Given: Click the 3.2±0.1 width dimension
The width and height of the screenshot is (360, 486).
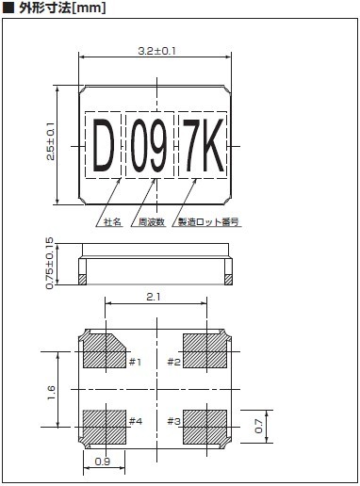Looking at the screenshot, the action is (x=156, y=51).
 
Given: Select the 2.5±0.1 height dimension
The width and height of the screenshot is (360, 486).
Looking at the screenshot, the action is (x=51, y=141).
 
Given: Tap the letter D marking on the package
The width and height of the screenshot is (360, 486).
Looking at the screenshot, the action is (x=104, y=146).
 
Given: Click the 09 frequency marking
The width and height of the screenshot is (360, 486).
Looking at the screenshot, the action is (x=149, y=146).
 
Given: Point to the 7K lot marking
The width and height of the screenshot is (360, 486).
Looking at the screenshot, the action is (x=204, y=146).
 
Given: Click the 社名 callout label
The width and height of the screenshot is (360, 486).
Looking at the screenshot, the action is (x=113, y=222).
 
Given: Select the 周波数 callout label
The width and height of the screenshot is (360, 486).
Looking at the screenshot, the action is (x=152, y=222).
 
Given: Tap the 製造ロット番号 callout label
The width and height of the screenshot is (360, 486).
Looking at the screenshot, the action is (x=208, y=222).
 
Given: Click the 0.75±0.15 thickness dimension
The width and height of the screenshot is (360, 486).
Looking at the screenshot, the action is (x=50, y=263).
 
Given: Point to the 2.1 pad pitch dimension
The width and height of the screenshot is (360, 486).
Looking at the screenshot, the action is (x=154, y=297).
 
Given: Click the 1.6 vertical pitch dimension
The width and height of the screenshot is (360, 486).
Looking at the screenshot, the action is (x=51, y=393).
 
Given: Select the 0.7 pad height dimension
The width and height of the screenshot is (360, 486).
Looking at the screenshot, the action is (x=259, y=427).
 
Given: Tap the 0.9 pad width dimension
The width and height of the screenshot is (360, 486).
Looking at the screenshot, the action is (x=103, y=462).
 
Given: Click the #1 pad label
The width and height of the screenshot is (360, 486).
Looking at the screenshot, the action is (x=136, y=362).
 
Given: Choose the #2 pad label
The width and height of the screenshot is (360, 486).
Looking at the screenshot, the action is (x=174, y=362).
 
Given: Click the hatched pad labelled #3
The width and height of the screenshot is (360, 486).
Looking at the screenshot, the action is (x=205, y=427).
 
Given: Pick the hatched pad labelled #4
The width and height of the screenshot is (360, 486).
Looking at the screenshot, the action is (x=105, y=427).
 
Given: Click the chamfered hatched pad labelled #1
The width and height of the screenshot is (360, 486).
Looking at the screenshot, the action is (x=104, y=351).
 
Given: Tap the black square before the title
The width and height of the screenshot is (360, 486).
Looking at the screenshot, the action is (x=8, y=8).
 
